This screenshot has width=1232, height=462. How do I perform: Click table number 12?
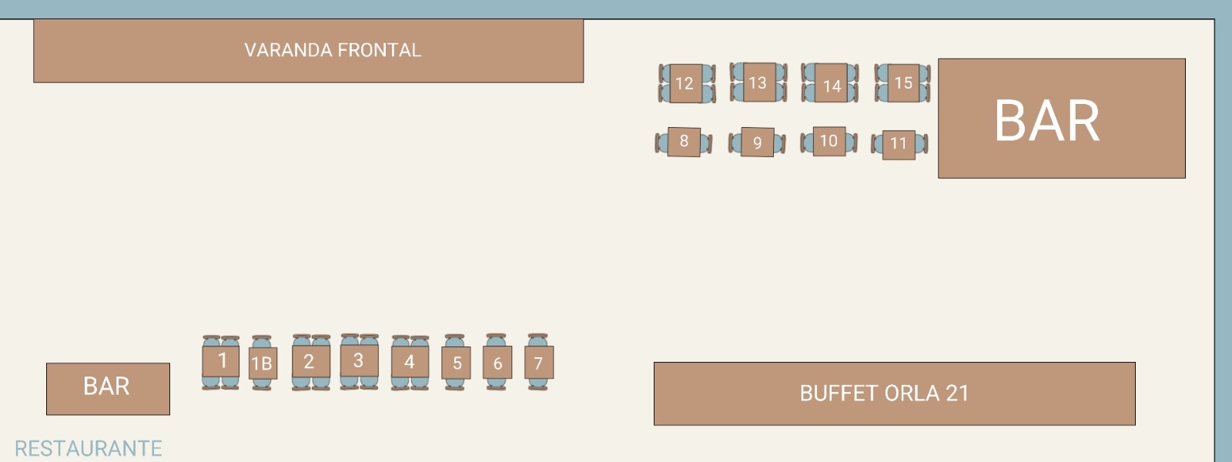(x=685, y=83)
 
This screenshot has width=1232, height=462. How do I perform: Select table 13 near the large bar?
(x=758, y=82)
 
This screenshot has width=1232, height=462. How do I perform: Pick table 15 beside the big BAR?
(x=903, y=82)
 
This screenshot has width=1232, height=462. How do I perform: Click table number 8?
(x=684, y=142)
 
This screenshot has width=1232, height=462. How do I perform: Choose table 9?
(x=757, y=142)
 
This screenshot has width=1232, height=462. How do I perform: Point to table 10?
(x=829, y=141)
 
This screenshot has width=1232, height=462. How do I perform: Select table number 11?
(x=899, y=144)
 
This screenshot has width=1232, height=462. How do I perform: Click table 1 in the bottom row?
(x=222, y=360)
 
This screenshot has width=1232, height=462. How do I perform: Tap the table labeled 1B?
(x=262, y=363)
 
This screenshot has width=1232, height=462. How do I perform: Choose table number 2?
(x=310, y=361)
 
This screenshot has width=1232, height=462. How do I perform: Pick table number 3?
(x=358, y=360)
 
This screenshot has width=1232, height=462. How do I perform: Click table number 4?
(x=410, y=361)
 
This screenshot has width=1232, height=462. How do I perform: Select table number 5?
(x=457, y=363)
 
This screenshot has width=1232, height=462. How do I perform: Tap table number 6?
(x=497, y=363)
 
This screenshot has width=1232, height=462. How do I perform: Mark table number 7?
(x=538, y=363)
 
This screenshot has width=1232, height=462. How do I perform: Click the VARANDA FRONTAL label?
(x=333, y=51)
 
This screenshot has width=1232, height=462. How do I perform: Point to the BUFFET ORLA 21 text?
(x=884, y=393)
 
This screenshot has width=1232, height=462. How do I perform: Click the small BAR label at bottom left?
(x=106, y=387)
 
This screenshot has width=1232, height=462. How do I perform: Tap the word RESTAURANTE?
(x=89, y=448)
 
